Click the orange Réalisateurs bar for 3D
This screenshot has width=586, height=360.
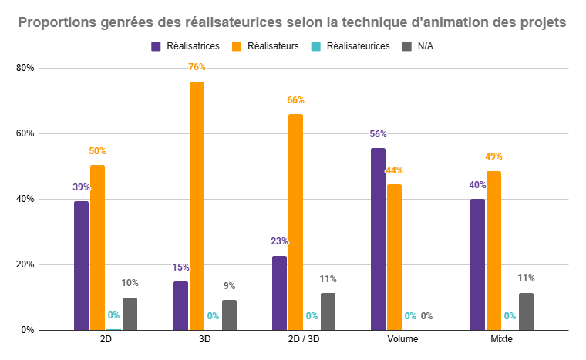point(197,206)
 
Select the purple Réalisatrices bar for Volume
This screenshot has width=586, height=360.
point(378,239)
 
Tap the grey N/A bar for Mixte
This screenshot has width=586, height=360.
point(526,311)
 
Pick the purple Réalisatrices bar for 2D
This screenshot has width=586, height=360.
point(81,265)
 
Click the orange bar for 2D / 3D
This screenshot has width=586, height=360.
point(295,222)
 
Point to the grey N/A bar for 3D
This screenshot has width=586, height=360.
point(229,315)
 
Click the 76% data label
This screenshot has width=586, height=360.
point(197,67)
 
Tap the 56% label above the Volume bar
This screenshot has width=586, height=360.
point(378,133)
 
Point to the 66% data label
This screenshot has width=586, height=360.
point(295,100)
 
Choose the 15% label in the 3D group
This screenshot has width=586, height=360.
point(180,267)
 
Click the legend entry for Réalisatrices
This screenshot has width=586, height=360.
point(185,46)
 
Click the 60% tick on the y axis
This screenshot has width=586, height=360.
point(25,133)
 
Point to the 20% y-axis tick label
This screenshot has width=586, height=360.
point(25,264)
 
